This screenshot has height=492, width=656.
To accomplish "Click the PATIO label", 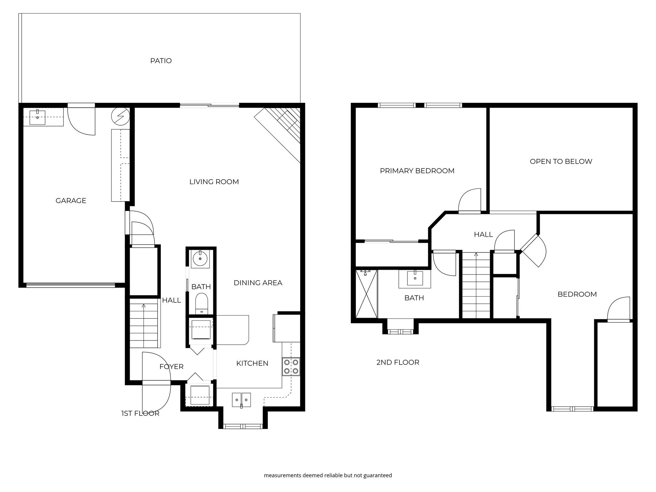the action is [161, 61].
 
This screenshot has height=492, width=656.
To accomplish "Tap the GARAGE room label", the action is [71, 201].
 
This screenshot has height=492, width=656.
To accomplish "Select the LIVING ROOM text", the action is [214, 182].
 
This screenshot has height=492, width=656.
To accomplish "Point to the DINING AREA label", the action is [258, 283].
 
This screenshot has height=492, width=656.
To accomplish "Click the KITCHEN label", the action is [252, 363].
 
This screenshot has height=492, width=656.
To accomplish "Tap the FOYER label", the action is [171, 366].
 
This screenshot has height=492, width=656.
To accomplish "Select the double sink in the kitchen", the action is [242, 400].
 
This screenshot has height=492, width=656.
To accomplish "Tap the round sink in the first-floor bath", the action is [200, 259].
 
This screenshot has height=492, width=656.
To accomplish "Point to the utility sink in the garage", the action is [37, 117].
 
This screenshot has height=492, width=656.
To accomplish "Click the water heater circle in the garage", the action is [120, 115].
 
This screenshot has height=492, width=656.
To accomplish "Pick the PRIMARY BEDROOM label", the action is [417, 171].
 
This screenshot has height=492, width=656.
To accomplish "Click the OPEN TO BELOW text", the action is [561, 161].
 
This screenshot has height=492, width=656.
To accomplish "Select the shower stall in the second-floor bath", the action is [366, 294].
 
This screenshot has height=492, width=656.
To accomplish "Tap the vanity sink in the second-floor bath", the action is [415, 278].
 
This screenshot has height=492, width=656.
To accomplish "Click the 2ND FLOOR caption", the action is [398, 362].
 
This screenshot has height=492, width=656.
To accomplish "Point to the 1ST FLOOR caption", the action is [140, 414].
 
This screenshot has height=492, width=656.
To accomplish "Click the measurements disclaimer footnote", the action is [328, 475].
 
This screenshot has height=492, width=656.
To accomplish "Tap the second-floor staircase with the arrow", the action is [476, 285].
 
